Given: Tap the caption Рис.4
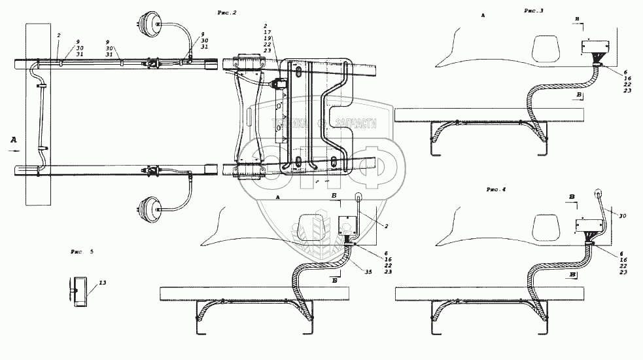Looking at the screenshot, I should (x=496, y=189).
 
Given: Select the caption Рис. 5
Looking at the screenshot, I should (x=82, y=251).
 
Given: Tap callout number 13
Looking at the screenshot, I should (x=102, y=283).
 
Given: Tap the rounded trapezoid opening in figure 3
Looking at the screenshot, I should (x=546, y=47).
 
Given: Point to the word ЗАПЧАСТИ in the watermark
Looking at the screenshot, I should (x=356, y=122).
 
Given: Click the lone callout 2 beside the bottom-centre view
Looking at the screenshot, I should (x=386, y=226).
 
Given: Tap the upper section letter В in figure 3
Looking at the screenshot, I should (x=576, y=18).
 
